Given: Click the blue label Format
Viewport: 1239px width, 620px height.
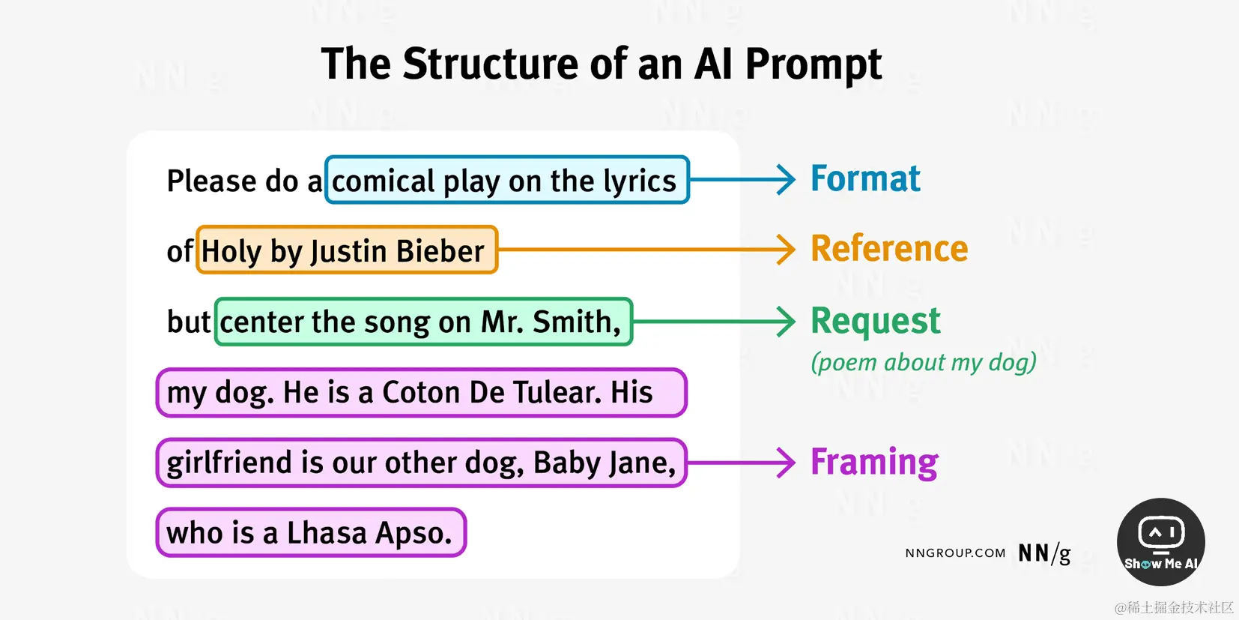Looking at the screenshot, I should point(865,179).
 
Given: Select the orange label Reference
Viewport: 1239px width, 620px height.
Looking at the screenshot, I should point(889,249).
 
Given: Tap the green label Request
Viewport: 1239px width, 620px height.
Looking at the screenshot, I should point(875,321).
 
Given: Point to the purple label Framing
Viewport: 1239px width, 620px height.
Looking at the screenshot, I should point(874,462).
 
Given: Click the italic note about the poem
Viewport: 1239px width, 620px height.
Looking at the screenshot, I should point(923,363).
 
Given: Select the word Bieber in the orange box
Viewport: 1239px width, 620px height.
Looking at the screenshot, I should point(440,251).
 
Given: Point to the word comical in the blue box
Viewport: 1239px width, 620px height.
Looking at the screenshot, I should point(383,181).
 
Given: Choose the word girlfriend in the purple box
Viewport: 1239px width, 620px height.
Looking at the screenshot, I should point(229,463).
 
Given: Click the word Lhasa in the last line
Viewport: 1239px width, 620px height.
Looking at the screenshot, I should point(327,533).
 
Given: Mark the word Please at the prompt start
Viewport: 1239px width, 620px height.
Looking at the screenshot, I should point(211,181).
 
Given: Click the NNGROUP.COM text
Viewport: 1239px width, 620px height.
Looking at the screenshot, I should point(955,553).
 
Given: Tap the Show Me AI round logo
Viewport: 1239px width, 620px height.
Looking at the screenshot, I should point(1160,542).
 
